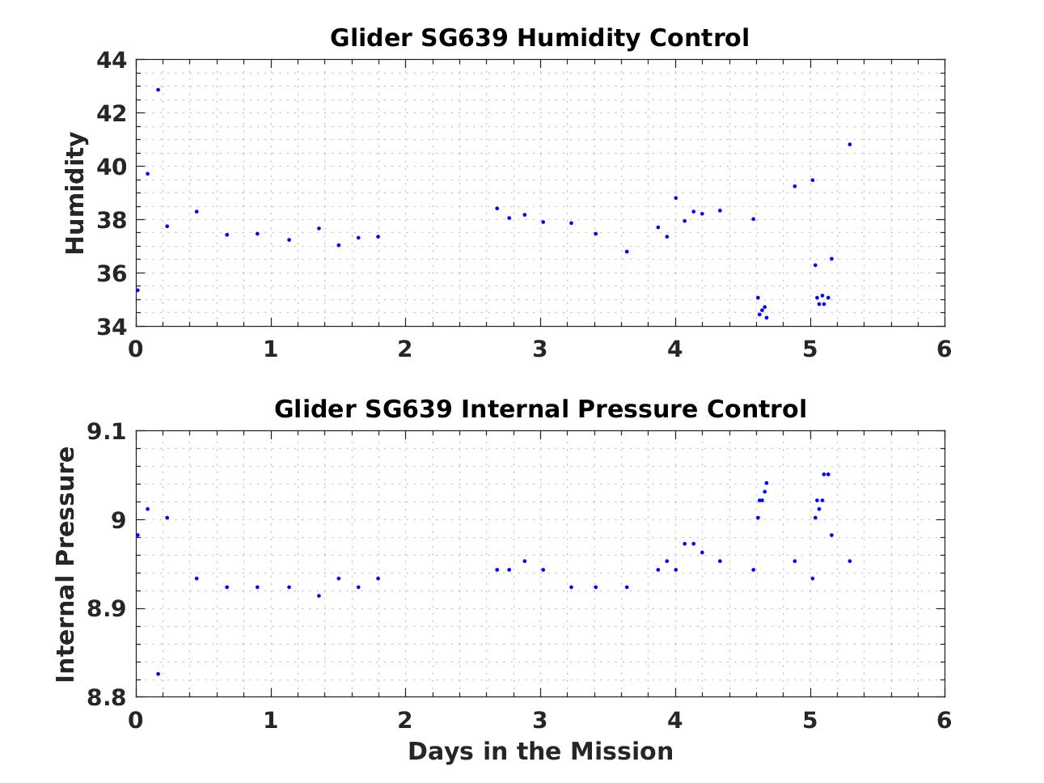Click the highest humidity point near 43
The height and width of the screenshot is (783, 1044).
coord(158,90)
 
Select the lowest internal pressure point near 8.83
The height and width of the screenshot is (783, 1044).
coord(158,674)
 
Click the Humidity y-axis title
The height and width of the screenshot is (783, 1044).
coord(75,193)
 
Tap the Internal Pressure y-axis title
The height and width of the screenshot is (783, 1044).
coord(66,564)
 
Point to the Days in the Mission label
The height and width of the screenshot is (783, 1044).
coord(540,751)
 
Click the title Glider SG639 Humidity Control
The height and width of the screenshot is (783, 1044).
coord(539,38)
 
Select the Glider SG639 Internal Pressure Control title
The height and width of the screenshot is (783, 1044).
coord(539,409)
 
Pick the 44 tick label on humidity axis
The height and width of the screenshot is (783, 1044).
coord(112,61)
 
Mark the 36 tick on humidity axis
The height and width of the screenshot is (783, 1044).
coord(112,273)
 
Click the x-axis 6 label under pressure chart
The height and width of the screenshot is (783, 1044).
coord(944,720)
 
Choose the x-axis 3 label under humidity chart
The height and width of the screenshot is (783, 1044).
coord(539,349)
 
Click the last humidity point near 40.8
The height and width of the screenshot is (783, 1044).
coord(850,145)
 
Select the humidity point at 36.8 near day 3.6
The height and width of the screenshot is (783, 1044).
coord(627,252)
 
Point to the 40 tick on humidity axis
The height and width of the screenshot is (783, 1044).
coord(112,167)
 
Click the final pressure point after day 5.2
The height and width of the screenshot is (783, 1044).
coord(850,561)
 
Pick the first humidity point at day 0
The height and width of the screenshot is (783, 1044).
coord(137,290)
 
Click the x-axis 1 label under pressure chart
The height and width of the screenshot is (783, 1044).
coord(270,720)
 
